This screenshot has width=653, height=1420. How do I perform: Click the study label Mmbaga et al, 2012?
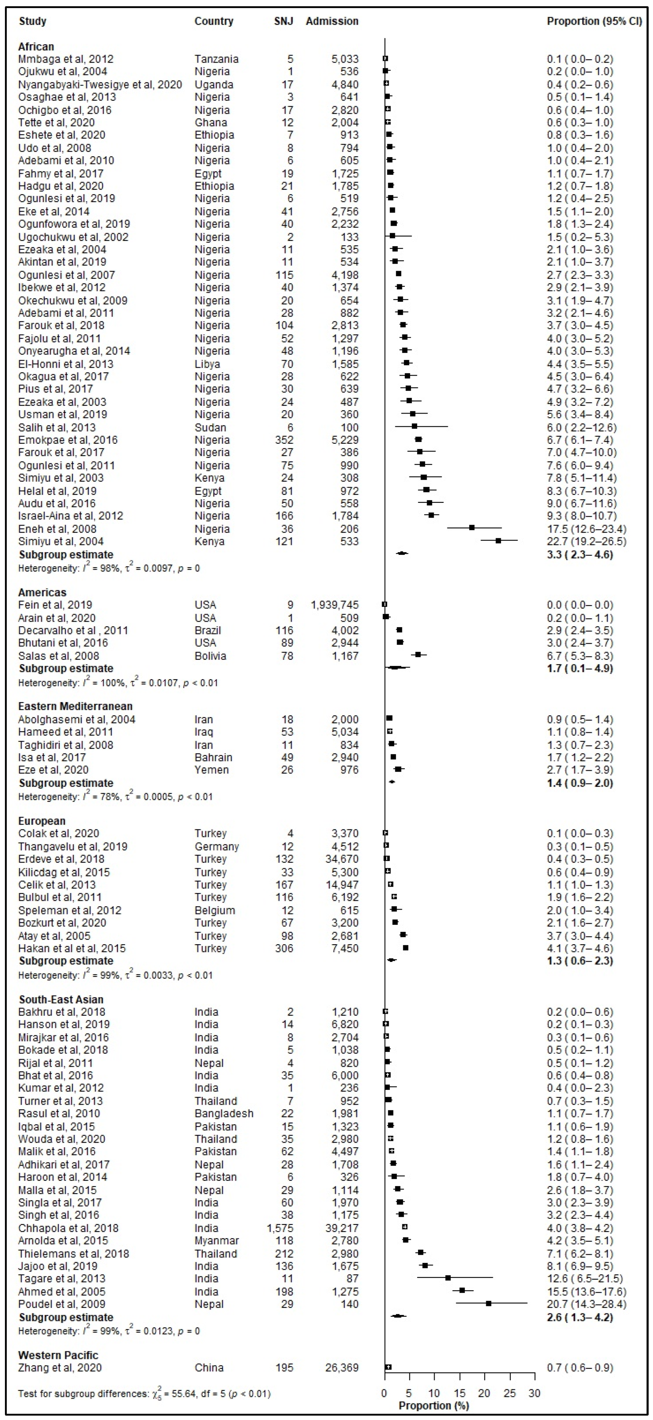(66, 59)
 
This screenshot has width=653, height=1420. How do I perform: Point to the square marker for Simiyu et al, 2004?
(498, 541)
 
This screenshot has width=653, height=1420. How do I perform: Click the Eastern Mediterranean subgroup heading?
(75, 706)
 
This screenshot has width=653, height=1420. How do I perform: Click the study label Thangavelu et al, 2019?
(73, 847)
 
